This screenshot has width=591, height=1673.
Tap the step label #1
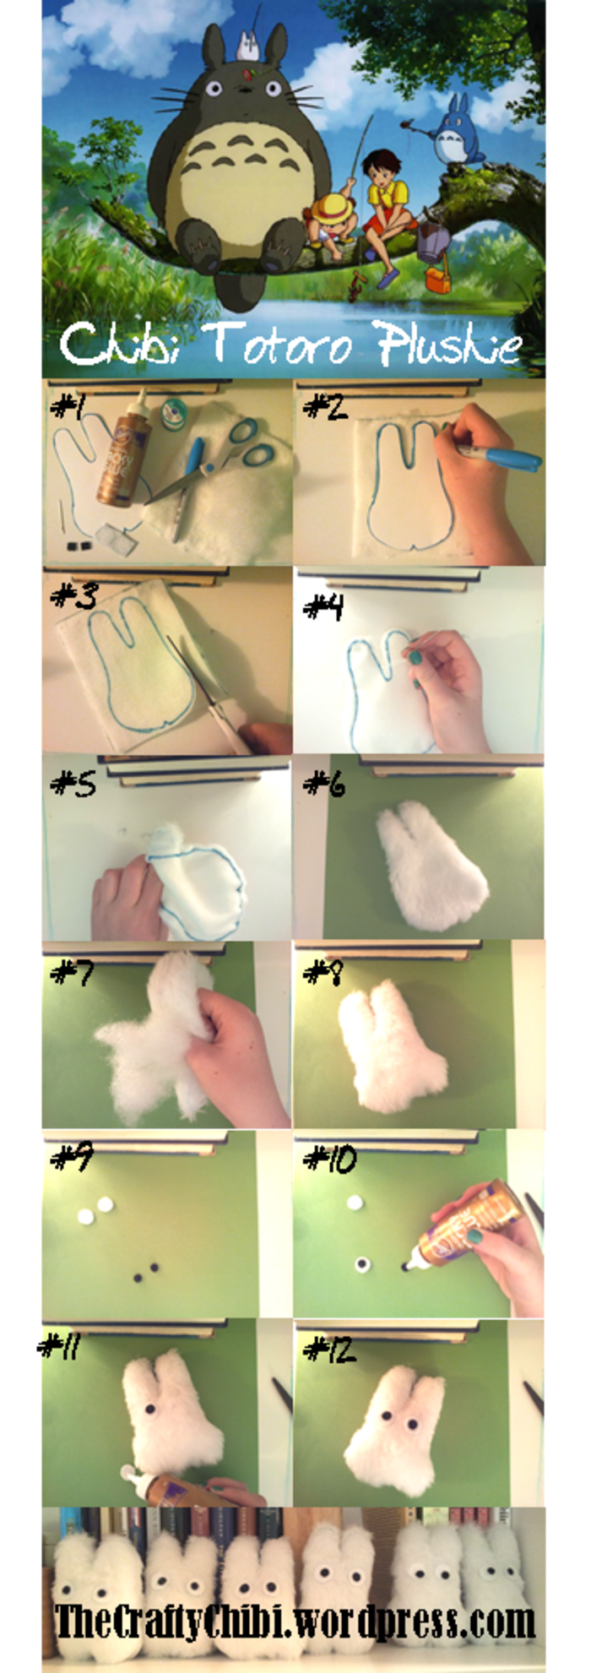click(68, 408)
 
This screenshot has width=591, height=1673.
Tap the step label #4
click(323, 606)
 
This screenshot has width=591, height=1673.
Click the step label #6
click(324, 785)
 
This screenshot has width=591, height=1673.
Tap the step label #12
click(329, 1350)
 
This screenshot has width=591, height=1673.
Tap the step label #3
click(73, 596)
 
